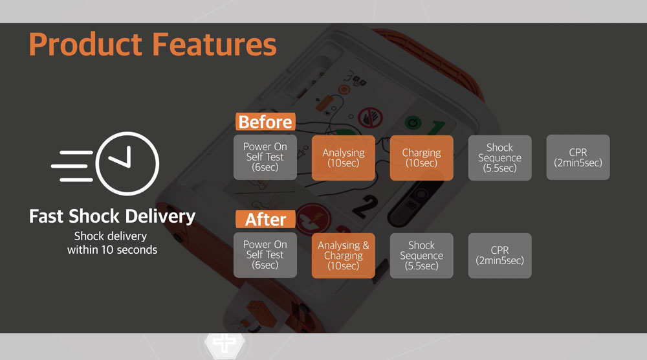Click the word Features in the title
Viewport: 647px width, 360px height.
(215, 44)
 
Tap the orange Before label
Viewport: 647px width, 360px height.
(265, 122)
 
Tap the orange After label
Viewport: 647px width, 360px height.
(265, 219)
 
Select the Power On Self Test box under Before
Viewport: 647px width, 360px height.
(265, 157)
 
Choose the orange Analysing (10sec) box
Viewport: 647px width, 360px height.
(344, 158)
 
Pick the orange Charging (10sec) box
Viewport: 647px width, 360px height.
(421, 158)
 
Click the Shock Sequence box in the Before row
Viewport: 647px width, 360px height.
(499, 158)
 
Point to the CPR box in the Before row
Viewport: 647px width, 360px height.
(578, 157)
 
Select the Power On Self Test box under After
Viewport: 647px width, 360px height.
(265, 255)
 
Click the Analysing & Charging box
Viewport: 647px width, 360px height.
(344, 256)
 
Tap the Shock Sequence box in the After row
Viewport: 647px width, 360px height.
(421, 256)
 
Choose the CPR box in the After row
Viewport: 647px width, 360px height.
(499, 256)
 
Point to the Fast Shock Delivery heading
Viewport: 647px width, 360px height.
(112, 216)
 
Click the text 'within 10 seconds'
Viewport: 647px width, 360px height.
(112, 250)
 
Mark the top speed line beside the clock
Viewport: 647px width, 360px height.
(76, 153)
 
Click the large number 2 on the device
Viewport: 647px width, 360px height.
(366, 206)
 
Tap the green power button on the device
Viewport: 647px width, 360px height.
(413, 122)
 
